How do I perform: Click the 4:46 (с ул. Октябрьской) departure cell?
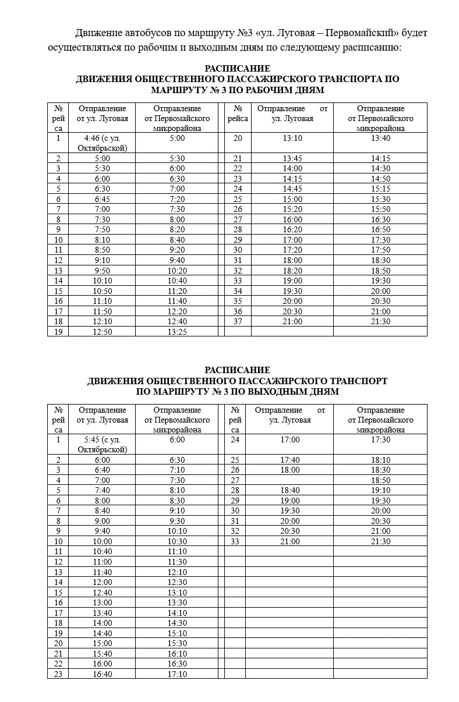(102, 143)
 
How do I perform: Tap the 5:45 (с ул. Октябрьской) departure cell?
(102, 445)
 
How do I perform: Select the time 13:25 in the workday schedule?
(177, 332)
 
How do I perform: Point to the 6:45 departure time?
(102, 199)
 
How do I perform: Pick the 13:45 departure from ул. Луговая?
(292, 158)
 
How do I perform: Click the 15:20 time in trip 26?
(292, 210)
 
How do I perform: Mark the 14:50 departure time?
(380, 179)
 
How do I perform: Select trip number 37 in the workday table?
(238, 321)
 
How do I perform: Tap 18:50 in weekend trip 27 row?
(380, 480)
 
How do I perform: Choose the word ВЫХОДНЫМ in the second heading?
(277, 392)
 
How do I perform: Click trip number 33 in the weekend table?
(235, 541)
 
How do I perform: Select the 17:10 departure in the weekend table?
(177, 674)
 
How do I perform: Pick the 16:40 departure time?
(103, 674)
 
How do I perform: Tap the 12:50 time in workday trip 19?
(102, 332)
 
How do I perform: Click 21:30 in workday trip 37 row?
(380, 321)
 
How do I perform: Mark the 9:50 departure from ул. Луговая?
(102, 271)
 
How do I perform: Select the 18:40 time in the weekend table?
(290, 491)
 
